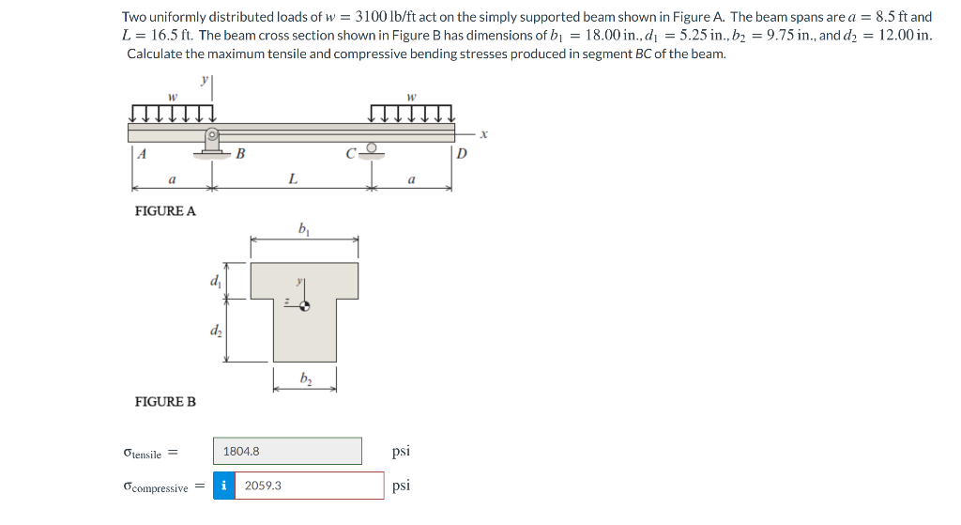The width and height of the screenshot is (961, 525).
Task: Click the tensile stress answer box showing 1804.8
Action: (287, 451)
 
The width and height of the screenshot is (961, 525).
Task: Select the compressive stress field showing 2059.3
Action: (309, 486)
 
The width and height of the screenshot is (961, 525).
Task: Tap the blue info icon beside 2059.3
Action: (224, 486)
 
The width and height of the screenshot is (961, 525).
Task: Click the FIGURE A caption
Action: (166, 210)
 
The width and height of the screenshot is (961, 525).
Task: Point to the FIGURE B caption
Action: (166, 401)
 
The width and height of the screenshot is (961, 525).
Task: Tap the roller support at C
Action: (372, 149)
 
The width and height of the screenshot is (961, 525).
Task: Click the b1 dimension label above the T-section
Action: (303, 228)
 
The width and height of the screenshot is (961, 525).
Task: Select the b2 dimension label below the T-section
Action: (305, 378)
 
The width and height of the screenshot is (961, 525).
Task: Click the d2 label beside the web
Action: (216, 331)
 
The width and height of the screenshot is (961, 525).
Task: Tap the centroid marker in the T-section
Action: (304, 304)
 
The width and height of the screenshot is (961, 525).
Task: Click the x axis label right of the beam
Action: (484, 134)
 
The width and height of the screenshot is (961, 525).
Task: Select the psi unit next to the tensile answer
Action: (401, 451)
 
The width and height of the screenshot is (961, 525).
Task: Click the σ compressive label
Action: (155, 486)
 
